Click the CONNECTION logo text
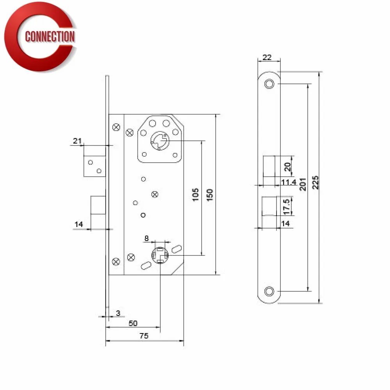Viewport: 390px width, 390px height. tap(50, 37)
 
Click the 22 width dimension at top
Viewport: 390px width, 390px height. tap(267, 57)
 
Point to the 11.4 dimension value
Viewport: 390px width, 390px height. tap(289, 182)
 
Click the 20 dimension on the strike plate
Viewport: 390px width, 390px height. tap(287, 167)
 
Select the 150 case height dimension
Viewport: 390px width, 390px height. tap(210, 195)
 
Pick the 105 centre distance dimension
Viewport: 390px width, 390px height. tap(196, 195)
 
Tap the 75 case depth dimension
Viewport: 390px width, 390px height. tap(144, 336)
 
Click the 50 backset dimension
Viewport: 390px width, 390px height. tap(133, 323)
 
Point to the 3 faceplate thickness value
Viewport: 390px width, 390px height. tap(118, 313)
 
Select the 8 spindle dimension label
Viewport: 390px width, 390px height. tap(147, 238)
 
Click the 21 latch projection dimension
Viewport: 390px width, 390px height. tap(76, 141)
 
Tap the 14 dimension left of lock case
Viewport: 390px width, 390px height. tap(79, 224)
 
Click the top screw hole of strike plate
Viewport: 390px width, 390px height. tap(269, 84)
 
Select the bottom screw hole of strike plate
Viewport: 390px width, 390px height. tap(269, 291)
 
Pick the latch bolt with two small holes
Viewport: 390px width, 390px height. tap(94, 166)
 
